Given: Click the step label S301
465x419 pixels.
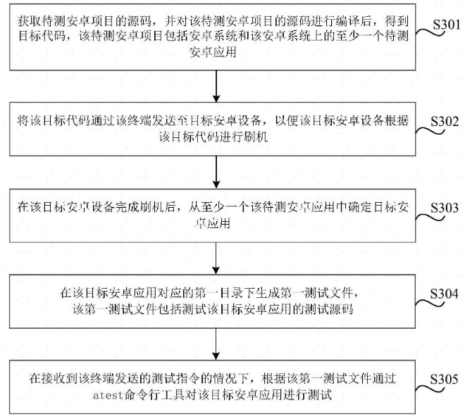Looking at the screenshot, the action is pyautogui.click(x=446, y=25).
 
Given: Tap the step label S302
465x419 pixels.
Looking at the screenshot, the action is pyautogui.click(x=445, y=122).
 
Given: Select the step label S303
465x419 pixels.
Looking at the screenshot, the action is pyautogui.click(x=445, y=208).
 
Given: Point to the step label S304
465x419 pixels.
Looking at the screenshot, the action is pyautogui.click(x=445, y=294).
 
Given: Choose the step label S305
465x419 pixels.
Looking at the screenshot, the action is pyautogui.click(x=445, y=380).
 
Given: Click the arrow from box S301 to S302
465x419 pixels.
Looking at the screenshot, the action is pyautogui.click(x=216, y=86).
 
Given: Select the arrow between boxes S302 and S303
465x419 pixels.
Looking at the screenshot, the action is pyautogui.click(x=216, y=172).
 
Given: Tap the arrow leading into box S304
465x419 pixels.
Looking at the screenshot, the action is pyautogui.click(x=216, y=258).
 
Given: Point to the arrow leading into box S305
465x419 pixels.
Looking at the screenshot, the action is pyautogui.click(x=216, y=344).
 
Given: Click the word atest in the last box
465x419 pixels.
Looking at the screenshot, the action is pyautogui.click(x=108, y=395).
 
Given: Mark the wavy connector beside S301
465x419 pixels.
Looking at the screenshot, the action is pyautogui.click(x=430, y=32).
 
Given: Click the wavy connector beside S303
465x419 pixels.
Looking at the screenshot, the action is pyautogui.click(x=430, y=218).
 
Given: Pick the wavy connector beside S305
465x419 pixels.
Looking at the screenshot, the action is pyautogui.click(x=430, y=389).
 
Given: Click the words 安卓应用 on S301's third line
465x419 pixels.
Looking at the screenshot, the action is pyautogui.click(x=213, y=52).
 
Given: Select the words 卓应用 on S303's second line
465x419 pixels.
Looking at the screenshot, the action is pyautogui.click(x=213, y=223).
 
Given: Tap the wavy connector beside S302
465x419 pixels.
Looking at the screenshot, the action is pyautogui.click(x=430, y=131).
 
